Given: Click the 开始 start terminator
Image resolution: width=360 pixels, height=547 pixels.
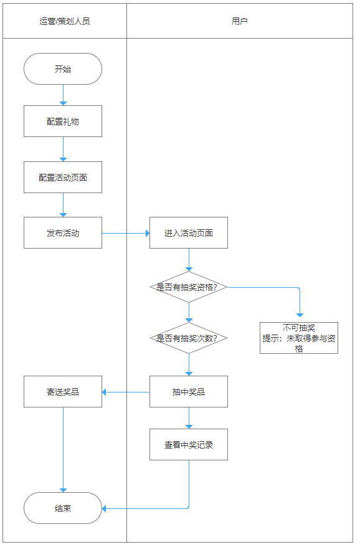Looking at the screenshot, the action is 63,69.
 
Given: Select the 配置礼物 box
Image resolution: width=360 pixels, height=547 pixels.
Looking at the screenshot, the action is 63,121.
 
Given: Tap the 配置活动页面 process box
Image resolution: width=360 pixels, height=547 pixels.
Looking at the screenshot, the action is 63,177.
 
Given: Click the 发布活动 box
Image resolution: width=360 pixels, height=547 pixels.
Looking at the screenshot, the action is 63,232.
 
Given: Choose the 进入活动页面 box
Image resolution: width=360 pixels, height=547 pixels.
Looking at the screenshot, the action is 189,232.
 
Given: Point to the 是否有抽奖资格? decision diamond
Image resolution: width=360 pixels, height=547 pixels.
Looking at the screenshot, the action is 189,287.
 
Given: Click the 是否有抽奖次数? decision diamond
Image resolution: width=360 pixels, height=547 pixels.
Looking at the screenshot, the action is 189,338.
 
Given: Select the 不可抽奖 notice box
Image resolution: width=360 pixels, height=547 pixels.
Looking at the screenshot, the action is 299,338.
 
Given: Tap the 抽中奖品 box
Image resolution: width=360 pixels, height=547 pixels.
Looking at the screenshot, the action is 189,391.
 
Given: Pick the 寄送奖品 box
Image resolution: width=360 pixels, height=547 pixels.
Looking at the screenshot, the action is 63,391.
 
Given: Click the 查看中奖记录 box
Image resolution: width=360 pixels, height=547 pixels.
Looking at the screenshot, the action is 189,444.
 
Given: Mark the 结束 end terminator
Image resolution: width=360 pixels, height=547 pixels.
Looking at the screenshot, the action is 63,508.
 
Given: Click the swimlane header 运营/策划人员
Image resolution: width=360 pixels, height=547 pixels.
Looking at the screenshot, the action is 65,21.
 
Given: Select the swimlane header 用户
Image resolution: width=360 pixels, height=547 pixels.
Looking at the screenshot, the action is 240,21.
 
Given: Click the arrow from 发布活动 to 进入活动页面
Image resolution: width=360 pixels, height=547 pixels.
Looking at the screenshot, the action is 126,233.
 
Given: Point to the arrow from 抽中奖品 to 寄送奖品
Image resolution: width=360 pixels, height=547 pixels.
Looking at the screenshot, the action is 126,392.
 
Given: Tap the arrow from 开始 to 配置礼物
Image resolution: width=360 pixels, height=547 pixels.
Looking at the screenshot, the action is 63,95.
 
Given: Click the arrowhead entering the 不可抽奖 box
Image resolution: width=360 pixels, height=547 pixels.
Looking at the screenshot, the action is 300,315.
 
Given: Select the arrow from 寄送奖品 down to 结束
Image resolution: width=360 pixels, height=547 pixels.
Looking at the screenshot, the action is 63,450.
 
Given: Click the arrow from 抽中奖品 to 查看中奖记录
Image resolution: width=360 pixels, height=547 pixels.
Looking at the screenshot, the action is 189,418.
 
